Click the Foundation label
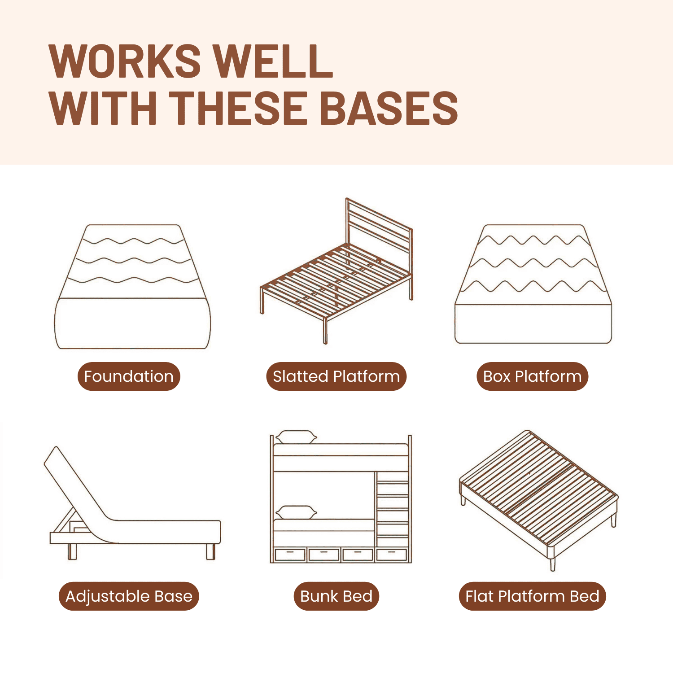coord(129,376)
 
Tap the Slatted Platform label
coord(336,376)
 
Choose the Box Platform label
coord(532,376)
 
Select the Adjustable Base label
coord(129,596)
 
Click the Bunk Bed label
coord(336,596)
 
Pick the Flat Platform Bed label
coord(532,596)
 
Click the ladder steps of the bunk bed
coord(393,509)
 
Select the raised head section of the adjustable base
coord(74,485)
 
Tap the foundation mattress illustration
coord(132,287)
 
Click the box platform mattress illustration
coord(533,284)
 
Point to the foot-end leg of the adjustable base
coord(210,551)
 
